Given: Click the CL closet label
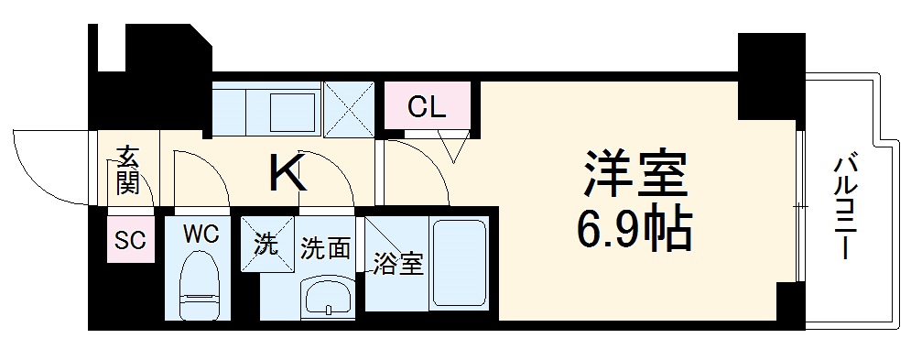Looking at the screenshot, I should (x=427, y=107).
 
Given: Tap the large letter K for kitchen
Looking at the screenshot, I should (x=287, y=172).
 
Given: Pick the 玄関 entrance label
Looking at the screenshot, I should (x=127, y=172).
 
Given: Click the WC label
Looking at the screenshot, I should (x=200, y=234).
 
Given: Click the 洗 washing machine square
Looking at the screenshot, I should (x=265, y=245).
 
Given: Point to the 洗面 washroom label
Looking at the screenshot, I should (x=325, y=247).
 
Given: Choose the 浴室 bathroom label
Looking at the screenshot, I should (x=397, y=266).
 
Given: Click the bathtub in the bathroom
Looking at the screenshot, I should (x=462, y=264).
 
